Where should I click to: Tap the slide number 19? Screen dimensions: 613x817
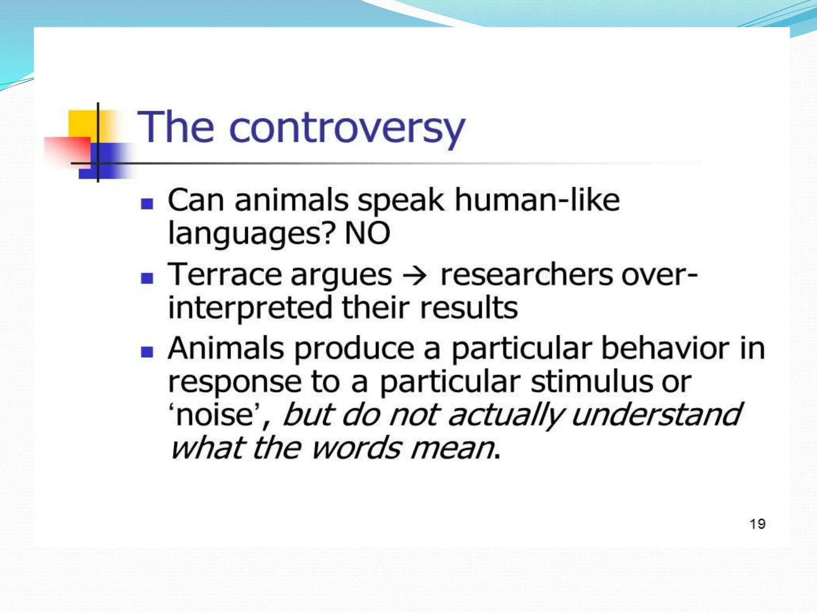click(x=757, y=524)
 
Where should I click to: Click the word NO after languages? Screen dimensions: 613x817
click(x=367, y=233)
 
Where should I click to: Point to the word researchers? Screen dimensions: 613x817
click(x=526, y=275)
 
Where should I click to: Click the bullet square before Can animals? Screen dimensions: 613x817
click(x=147, y=204)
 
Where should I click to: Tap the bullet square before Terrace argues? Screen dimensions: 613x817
click(x=147, y=278)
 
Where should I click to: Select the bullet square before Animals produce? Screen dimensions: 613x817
click(x=147, y=352)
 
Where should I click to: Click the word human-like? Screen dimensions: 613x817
click(x=537, y=200)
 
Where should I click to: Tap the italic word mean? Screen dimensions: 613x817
click(x=452, y=449)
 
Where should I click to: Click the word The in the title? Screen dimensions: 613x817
click(x=176, y=128)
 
